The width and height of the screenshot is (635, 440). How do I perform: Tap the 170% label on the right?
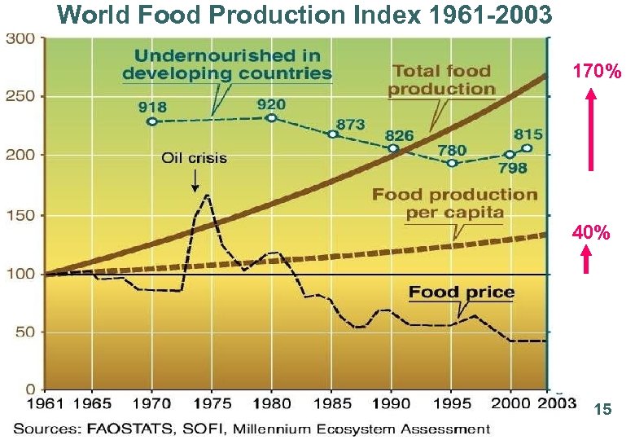point(596,73)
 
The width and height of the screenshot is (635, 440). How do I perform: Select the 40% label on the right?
point(591,233)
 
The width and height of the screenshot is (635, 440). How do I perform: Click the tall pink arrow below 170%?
point(592,130)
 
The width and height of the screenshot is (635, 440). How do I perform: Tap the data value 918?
point(152,105)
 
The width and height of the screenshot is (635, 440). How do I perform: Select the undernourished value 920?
point(270,103)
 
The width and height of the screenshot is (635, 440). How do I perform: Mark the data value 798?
point(512,168)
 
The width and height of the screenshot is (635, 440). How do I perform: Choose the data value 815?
point(528,134)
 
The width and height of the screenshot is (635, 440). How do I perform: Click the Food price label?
point(461,292)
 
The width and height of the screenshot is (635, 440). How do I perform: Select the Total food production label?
point(440,80)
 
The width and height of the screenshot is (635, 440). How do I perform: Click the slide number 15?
point(602,411)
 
